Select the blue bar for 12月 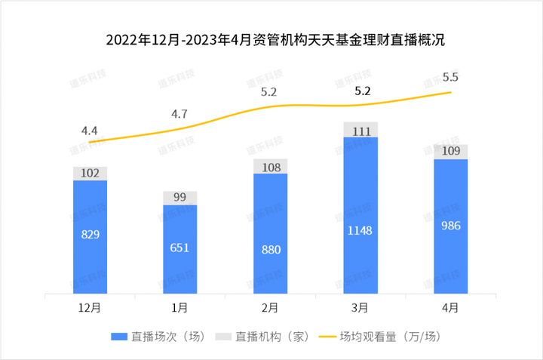[x=90, y=236]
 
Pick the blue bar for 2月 [x=271, y=234]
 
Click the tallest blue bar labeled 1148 [x=361, y=215]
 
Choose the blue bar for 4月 [x=451, y=226]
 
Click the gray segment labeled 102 [x=90, y=174]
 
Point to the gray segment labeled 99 [x=180, y=198]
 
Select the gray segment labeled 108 [x=271, y=166]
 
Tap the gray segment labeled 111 [x=361, y=130]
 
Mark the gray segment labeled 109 [x=451, y=152]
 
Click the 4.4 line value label [x=90, y=131]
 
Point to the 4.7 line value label [x=179, y=115]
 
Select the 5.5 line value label [x=451, y=77]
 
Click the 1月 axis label [x=180, y=307]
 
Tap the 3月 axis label [x=361, y=307]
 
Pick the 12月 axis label [x=90, y=307]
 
